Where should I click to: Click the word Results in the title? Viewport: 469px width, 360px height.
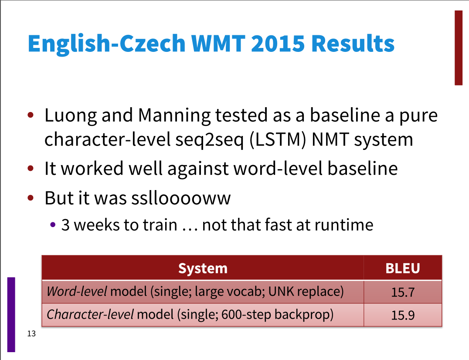pyautogui.click(x=353, y=43)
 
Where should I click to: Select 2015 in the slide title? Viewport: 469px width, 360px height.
pyautogui.click(x=278, y=43)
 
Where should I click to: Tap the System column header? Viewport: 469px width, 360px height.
pyautogui.click(x=203, y=268)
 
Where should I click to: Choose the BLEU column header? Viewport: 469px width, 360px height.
pyautogui.click(x=403, y=268)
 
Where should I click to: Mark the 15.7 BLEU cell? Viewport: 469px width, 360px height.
pyautogui.click(x=403, y=292)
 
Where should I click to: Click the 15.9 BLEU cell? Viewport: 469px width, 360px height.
pyautogui.click(x=403, y=315)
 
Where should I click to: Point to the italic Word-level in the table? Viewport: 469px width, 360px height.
pyautogui.click(x=77, y=291)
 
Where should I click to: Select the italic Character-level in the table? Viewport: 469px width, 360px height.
pyautogui.click(x=90, y=315)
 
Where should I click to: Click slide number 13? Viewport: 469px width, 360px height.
pyautogui.click(x=31, y=334)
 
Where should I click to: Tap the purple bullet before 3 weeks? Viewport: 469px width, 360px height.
pyautogui.click(x=53, y=225)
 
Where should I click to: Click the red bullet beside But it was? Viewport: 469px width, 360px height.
pyautogui.click(x=30, y=197)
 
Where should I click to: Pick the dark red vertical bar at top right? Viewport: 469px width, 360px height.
pyautogui.click(x=459, y=48)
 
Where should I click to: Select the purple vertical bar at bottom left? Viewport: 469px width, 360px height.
pyautogui.click(x=11, y=315)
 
